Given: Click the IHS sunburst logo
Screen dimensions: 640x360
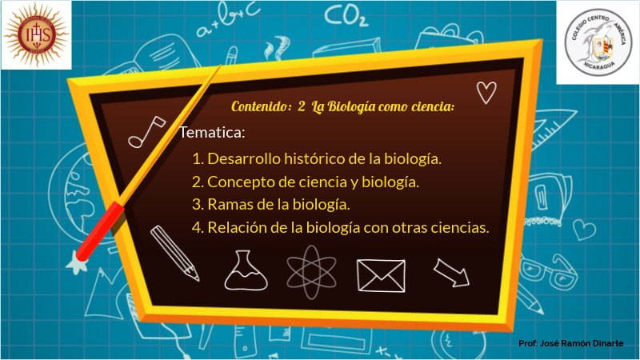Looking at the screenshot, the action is pyautogui.click(x=36, y=34).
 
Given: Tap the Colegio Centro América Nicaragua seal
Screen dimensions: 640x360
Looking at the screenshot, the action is pyautogui.click(x=598, y=42).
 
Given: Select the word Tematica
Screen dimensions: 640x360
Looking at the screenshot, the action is pyautogui.click(x=212, y=132).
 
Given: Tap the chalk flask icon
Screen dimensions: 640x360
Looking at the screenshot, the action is pyautogui.click(x=246, y=271).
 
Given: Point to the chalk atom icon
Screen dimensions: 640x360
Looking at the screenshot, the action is pyautogui.click(x=311, y=272).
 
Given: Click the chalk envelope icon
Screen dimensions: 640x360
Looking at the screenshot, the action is pyautogui.click(x=382, y=276).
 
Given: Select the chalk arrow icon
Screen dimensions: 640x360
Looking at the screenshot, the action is pyautogui.click(x=451, y=273).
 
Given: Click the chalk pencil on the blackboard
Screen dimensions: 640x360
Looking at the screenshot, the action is pyautogui.click(x=174, y=253).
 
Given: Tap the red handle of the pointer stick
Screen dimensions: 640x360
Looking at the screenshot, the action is pyautogui.click(x=100, y=231).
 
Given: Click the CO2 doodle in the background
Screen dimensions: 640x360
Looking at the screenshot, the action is pyautogui.click(x=346, y=16).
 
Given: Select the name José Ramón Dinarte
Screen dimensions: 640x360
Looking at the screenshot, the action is pyautogui.click(x=582, y=343).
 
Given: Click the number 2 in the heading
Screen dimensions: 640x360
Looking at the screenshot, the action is pyautogui.click(x=302, y=106).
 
